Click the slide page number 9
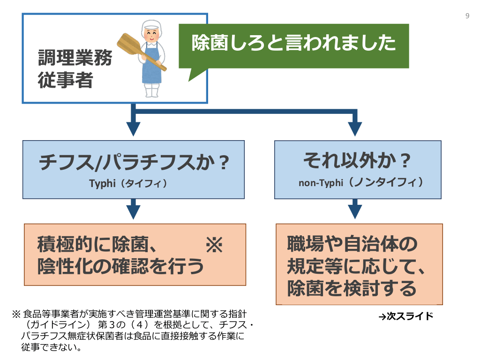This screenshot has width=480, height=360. [x=467, y=16]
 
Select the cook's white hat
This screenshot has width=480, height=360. [x=151, y=24]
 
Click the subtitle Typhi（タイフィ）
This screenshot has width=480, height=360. [x=128, y=183]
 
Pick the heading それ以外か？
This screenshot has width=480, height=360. [x=357, y=161]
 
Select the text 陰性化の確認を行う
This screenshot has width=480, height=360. [x=120, y=266]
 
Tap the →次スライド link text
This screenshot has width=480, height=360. [x=406, y=316]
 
